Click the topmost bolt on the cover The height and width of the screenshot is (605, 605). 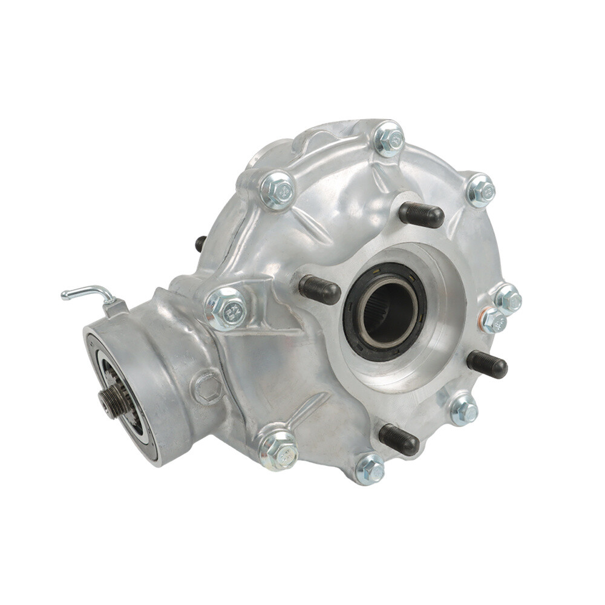click(389, 139)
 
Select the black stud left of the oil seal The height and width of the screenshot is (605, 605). click(319, 290)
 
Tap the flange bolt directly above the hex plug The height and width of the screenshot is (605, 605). click(227, 309)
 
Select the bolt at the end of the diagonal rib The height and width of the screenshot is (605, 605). click(278, 449)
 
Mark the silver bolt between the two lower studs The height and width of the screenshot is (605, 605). click(464, 410)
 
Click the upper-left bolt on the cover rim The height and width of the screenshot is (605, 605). click(278, 190)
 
